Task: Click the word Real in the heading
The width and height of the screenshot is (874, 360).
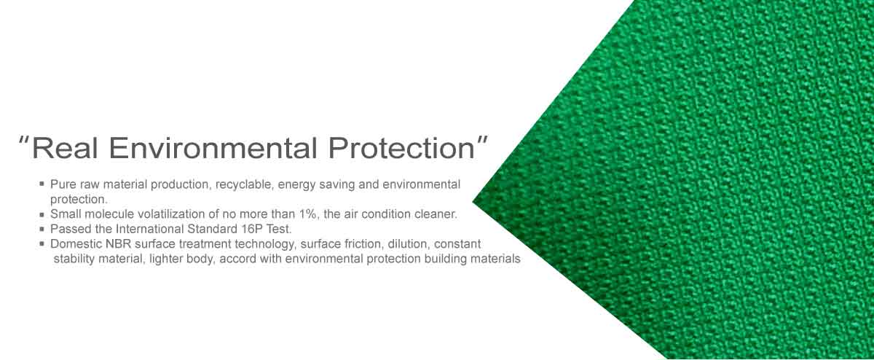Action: tap(64, 148)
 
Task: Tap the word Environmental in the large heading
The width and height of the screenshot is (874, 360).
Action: tap(212, 148)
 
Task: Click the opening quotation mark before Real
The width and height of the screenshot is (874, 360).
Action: tap(24, 140)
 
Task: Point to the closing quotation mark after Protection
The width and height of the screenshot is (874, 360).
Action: tap(483, 140)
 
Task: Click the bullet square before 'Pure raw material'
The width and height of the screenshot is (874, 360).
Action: tap(42, 184)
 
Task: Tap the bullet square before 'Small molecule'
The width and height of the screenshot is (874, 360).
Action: tap(42, 214)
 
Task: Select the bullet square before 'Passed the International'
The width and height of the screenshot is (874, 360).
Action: tap(42, 230)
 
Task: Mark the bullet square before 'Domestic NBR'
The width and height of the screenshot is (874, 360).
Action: tap(42, 244)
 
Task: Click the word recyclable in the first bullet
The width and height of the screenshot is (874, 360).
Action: tap(244, 184)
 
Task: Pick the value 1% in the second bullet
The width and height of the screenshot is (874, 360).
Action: tap(307, 214)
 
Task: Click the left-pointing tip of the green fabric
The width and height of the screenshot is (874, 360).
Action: tap(473, 202)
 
